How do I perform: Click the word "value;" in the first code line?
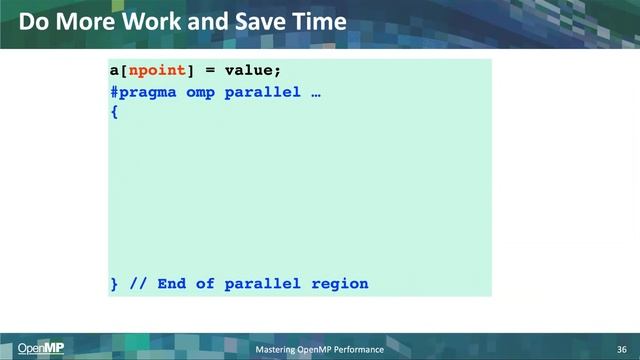(253, 71)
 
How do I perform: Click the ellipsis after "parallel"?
(315, 92)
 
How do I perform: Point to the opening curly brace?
(114, 112)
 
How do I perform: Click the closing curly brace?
(114, 284)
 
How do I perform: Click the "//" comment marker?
(138, 284)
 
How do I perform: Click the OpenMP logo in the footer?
(40, 348)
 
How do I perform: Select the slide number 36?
(621, 348)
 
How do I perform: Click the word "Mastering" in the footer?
(277, 348)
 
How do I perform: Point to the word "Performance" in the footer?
(359, 348)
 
